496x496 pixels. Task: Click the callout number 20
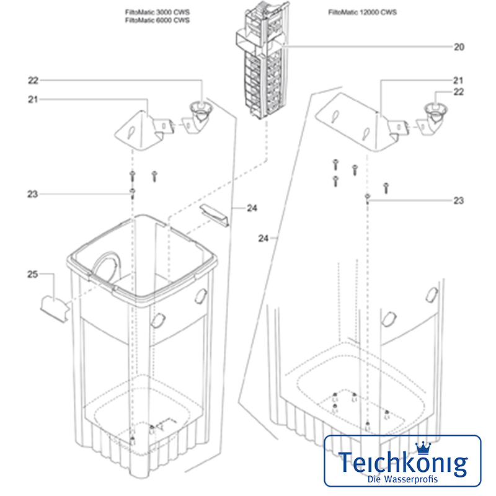pyautogui.click(x=459, y=46)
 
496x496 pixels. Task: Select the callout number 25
pyautogui.click(x=33, y=273)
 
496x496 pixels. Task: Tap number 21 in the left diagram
pyautogui.click(x=33, y=99)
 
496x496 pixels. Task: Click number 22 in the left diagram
pyautogui.click(x=33, y=80)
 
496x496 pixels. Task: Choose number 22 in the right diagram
pyautogui.click(x=459, y=92)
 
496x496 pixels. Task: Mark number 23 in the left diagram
pyautogui.click(x=33, y=194)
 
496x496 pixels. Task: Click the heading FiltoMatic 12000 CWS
pyautogui.click(x=363, y=12)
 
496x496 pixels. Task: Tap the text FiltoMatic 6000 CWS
pyautogui.click(x=157, y=20)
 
